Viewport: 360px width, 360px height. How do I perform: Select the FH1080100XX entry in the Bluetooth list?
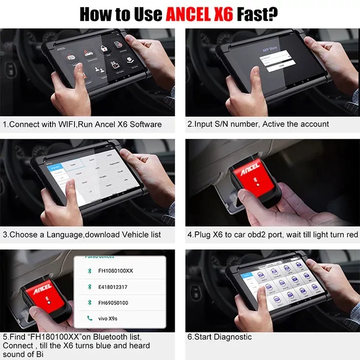[116, 271]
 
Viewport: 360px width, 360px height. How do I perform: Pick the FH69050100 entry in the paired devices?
[114, 303]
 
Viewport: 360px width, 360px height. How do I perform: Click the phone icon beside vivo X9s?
[88, 318]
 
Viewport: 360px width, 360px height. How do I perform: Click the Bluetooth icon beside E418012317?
[88, 287]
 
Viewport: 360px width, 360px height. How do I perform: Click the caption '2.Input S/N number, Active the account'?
[258, 124]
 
